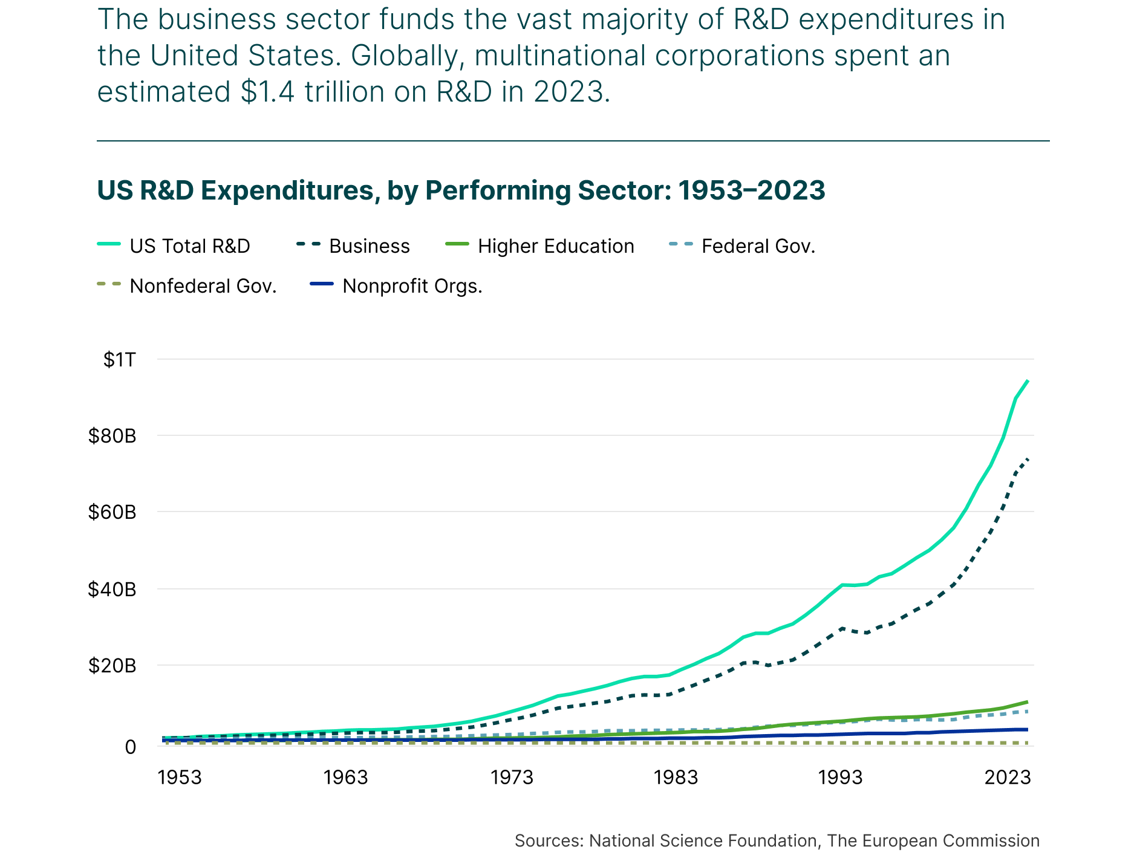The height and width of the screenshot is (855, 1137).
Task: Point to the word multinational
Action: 560,56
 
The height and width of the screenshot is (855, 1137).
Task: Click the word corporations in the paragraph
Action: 740,56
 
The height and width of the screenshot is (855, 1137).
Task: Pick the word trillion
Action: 344,93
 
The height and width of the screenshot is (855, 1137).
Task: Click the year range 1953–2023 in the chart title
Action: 751,190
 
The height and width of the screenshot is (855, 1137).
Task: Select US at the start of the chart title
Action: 114,190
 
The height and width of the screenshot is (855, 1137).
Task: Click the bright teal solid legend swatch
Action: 109,244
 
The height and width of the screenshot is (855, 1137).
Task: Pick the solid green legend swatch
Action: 457,244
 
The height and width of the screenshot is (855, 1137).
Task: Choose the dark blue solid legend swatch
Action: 321,283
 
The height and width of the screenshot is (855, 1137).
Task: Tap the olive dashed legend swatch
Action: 109,283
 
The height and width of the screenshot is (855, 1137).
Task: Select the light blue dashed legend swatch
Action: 681,244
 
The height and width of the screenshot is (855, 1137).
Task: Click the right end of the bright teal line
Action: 1028,381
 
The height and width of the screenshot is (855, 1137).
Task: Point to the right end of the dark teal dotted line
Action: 1028,460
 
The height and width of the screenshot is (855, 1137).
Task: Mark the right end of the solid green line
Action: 1027,702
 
